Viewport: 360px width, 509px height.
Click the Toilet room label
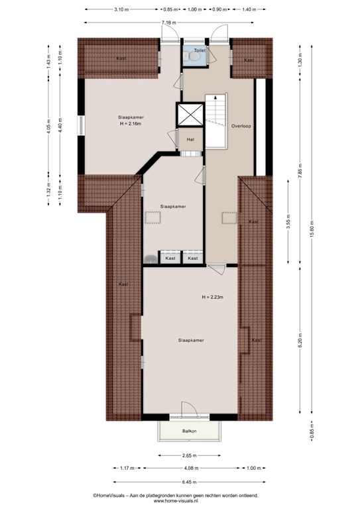pos(200,50)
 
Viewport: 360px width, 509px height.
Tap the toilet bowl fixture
pos(194,57)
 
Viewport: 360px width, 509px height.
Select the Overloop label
pos(241,126)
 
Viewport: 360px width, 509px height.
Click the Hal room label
pos(190,139)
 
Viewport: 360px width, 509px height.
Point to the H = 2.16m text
pos(131,123)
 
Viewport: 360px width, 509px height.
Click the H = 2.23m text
pos(213,297)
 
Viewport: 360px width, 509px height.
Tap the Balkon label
pos(189,431)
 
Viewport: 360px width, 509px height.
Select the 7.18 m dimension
pos(169,23)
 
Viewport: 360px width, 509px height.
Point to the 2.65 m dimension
pos(189,455)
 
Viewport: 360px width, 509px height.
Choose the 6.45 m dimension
pos(189,482)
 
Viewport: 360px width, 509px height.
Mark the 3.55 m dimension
pos(288,221)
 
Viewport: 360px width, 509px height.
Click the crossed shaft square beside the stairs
pos(190,115)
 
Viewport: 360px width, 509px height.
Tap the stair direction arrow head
pos(215,97)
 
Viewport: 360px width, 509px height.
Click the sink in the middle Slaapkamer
pos(150,258)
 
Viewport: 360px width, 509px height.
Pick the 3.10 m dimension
pos(121,9)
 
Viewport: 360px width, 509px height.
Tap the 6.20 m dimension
pos(300,340)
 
